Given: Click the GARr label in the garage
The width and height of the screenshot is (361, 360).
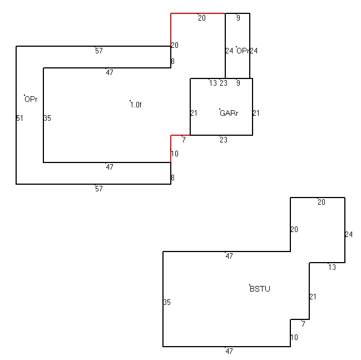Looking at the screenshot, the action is coord(229,113).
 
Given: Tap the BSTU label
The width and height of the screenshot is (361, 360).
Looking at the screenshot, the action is coord(260,289).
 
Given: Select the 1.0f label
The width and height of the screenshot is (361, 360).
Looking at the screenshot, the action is coord(136,105).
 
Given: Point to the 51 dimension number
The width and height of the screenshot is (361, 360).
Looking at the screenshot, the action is coord(20,118).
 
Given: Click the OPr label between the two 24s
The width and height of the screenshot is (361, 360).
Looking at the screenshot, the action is coord(243,51).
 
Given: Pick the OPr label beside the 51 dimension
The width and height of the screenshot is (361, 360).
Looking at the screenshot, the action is coord(31,99).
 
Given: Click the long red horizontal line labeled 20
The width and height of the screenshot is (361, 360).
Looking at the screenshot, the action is coord(198,13).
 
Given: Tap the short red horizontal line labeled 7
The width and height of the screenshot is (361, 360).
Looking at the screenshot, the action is coord(180,135).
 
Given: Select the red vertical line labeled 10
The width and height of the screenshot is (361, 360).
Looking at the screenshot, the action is coord(171,149).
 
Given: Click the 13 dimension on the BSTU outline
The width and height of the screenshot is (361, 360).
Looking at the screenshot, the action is coord(332,267).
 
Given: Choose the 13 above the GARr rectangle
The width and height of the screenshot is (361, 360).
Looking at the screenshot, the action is coord(213,83).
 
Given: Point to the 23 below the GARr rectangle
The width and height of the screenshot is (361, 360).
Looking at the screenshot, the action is coord(224,140).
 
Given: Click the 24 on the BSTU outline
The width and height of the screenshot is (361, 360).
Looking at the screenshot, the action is coord(349,234).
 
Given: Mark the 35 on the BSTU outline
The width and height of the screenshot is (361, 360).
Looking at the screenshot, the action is coord(167,302).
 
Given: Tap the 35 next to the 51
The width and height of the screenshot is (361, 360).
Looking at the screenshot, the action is coord(47,118).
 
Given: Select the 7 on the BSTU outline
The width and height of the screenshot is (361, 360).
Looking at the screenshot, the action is coord(304,324).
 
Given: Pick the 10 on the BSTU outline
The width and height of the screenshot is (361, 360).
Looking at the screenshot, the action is coord(294,337).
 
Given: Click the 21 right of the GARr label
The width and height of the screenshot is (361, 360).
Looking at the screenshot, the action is coord(256,113).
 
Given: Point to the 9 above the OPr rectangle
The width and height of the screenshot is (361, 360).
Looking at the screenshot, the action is coord(238,18).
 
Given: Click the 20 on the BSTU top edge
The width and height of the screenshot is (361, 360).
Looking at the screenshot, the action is coord(322,202).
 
